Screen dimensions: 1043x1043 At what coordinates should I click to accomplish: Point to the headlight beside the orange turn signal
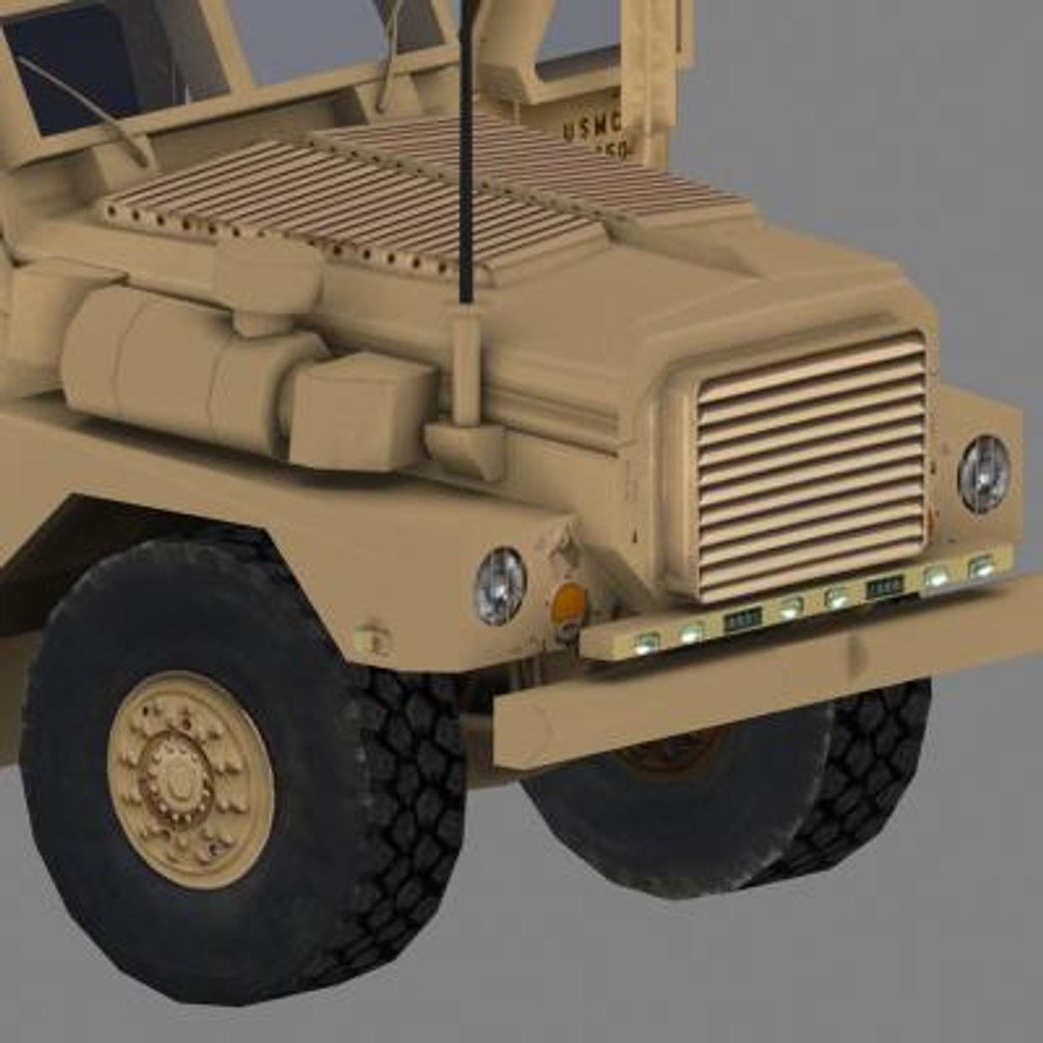pyautogui.click(x=499, y=585)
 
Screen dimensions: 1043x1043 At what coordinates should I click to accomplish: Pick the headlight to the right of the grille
pyautogui.click(x=983, y=473)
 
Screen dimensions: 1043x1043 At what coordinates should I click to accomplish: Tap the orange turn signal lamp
pyautogui.click(x=569, y=604)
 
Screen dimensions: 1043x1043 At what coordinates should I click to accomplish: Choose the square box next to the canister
pyautogui.click(x=357, y=410)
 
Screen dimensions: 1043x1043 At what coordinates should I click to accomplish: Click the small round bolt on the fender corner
pyautogui.click(x=372, y=639)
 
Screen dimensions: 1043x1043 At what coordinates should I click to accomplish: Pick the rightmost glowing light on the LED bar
pyautogui.click(x=981, y=567)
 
